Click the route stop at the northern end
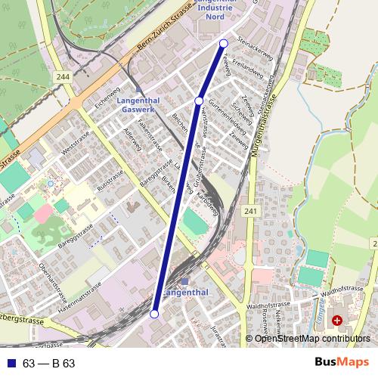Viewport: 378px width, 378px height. (x=224, y=44)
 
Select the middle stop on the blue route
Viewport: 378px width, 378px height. (x=199, y=101)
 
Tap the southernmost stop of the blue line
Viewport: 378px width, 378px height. (x=154, y=314)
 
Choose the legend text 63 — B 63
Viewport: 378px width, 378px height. (x=48, y=363)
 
